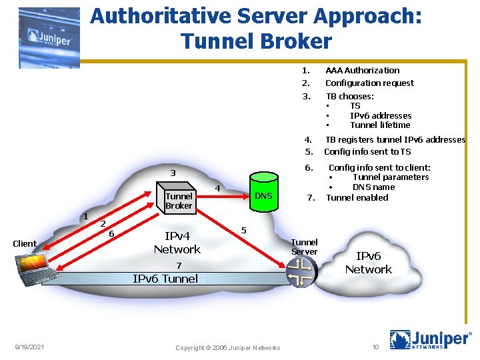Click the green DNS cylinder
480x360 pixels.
coord(263,195)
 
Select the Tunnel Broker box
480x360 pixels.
coord(179,200)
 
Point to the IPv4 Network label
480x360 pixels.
coord(177,242)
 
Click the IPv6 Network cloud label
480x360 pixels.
coord(368,263)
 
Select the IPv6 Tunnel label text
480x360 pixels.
coord(165,279)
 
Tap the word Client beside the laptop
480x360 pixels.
coord(25,243)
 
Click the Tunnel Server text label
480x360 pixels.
coord(305,247)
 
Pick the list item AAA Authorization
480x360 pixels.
coord(362,70)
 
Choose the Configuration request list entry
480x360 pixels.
coord(369,83)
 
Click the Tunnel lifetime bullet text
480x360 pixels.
coord(380,125)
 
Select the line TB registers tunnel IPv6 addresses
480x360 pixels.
coord(395,139)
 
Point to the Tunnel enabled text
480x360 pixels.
coord(357,197)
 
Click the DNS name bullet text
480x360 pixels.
coord(373,187)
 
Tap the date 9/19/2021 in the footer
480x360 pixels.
coord(31,347)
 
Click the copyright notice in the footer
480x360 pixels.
coord(227,347)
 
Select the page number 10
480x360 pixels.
coord(375,347)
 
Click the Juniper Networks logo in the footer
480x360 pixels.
coord(431,341)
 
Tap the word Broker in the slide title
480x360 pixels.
coord(291,41)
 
